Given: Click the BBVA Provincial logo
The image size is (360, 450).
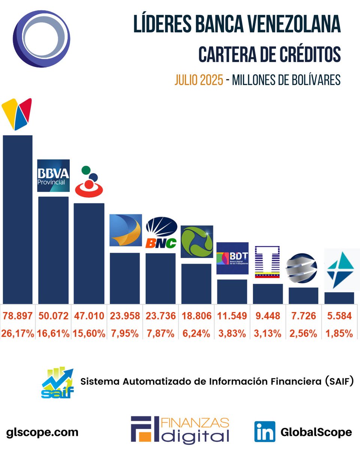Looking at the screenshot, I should (53, 175).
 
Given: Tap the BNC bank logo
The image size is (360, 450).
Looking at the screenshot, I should (161, 233).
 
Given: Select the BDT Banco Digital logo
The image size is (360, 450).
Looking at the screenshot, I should (232, 258).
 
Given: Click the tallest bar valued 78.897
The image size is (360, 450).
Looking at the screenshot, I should (17, 219).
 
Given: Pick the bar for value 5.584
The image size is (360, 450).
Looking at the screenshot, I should (339, 298).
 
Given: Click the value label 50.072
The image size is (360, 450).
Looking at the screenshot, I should (53, 316).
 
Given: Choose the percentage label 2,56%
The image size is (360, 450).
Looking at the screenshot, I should (303, 333).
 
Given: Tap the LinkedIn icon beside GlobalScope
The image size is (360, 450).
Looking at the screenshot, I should (264, 432).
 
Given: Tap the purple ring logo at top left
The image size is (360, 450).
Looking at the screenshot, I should (41, 39).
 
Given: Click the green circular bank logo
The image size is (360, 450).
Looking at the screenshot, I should (196, 241).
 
